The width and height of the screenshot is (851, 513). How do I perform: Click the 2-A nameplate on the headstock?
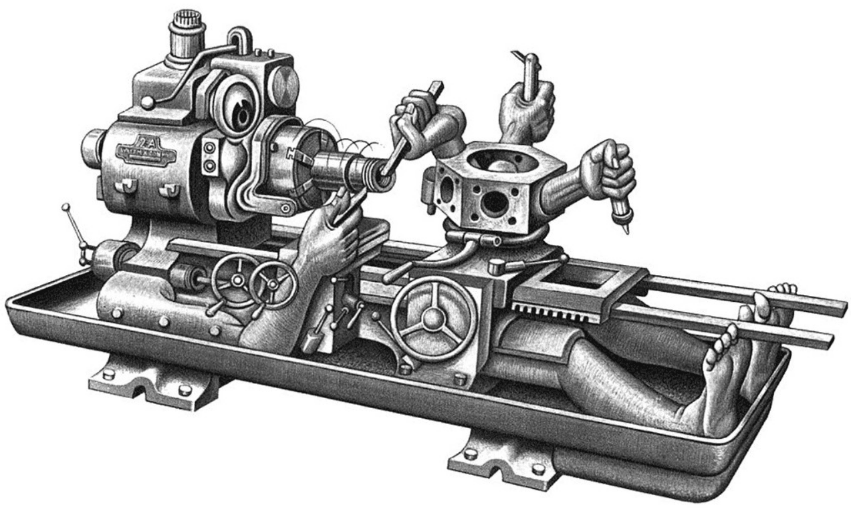pyautogui.click(x=146, y=151)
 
